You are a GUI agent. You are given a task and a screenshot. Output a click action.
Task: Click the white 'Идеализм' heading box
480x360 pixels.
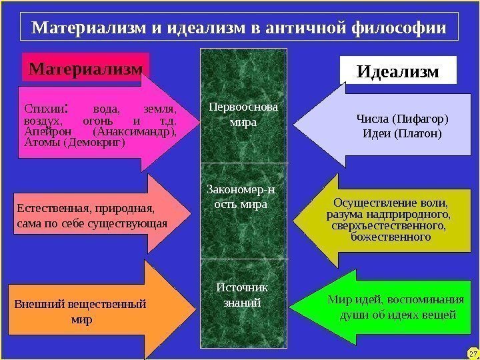399,71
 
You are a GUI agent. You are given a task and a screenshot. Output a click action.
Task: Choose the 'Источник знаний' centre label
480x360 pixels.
243,294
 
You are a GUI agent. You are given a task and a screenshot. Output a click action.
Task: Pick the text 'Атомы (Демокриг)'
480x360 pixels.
73,143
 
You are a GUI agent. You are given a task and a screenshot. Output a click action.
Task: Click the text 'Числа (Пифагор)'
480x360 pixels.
402,119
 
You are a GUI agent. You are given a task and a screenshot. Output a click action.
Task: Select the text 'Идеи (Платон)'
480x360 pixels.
402,133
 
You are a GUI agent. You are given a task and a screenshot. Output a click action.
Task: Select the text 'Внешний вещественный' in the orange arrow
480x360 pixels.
80,305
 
